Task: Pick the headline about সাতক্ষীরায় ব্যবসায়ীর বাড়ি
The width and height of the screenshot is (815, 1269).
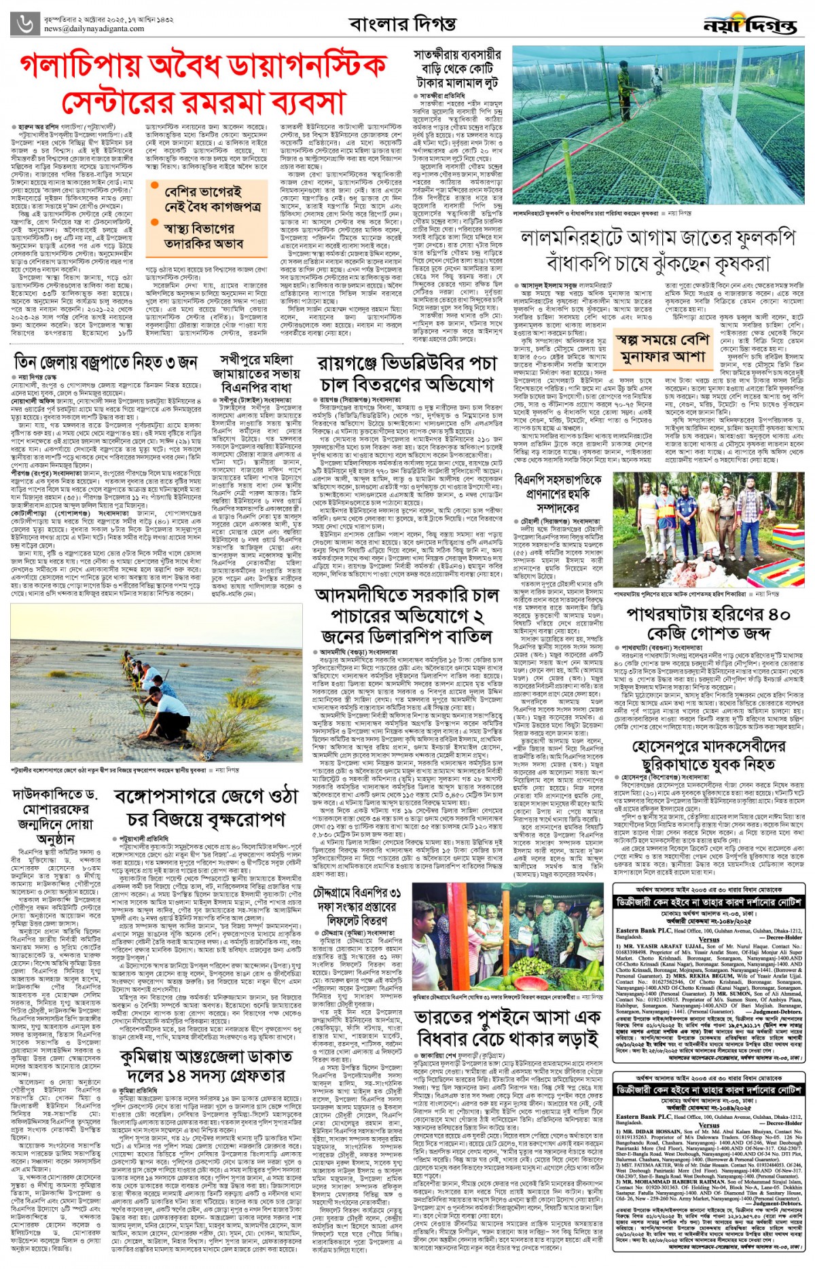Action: pos(457,68)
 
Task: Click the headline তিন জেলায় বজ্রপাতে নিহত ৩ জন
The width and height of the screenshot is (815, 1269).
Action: pos(106,363)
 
